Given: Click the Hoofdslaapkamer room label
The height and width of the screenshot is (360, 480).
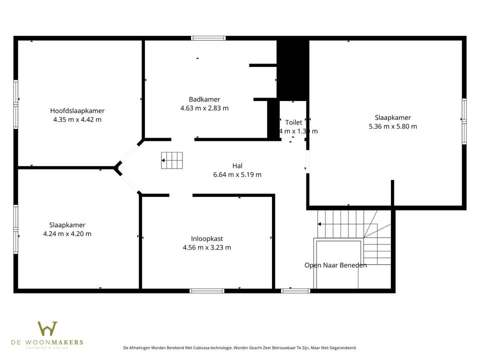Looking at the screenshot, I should (x=77, y=110).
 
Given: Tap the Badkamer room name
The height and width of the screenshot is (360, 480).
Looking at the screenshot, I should (x=204, y=99).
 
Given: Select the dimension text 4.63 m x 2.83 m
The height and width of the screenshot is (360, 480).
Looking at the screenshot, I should (x=204, y=108).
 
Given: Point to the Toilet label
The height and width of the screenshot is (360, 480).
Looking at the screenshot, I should (x=293, y=122).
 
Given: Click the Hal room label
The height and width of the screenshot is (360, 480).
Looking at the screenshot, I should (x=237, y=165).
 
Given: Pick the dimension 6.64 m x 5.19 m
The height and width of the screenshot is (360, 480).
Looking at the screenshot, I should (x=237, y=174).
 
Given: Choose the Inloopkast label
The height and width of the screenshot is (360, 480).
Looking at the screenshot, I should (x=206, y=238).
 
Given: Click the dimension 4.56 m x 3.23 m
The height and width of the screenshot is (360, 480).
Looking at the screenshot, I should (x=206, y=247).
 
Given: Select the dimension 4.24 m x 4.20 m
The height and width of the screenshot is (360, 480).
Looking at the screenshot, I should (x=67, y=233).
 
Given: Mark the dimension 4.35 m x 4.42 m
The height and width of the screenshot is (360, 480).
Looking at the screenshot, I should (x=77, y=119).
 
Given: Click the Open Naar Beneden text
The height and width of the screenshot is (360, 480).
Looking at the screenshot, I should (x=335, y=265).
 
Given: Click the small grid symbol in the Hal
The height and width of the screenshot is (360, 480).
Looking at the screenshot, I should (x=172, y=160).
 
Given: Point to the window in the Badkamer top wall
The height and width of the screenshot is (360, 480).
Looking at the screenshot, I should (x=208, y=38).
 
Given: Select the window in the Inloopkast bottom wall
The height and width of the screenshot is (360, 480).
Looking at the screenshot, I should (x=207, y=290).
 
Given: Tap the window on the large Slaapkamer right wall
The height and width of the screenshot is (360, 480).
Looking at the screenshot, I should (x=464, y=118).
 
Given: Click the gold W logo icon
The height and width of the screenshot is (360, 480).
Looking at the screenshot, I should (x=47, y=328).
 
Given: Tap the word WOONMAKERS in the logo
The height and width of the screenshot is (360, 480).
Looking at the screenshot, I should (x=61, y=342).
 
